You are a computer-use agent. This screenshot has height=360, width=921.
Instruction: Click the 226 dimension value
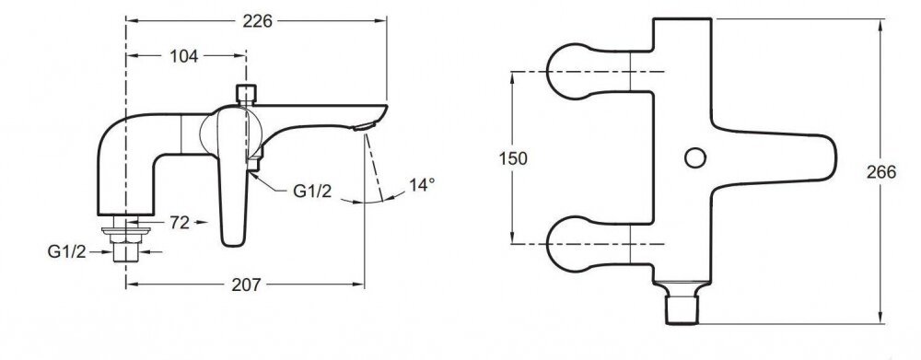(258, 21)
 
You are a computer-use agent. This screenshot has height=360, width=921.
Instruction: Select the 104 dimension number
(184, 56)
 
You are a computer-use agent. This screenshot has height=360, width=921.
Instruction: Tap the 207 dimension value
(246, 285)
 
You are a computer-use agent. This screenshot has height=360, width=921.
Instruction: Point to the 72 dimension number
(180, 223)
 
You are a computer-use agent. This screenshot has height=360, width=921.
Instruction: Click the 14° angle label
(422, 185)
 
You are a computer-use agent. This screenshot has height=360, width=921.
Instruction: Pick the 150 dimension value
(513, 158)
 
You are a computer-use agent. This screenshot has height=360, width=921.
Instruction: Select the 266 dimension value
(881, 172)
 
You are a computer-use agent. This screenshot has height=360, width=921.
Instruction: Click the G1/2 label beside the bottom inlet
(67, 252)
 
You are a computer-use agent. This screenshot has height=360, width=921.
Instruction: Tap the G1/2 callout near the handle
(312, 192)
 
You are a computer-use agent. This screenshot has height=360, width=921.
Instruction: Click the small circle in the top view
(695, 157)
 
